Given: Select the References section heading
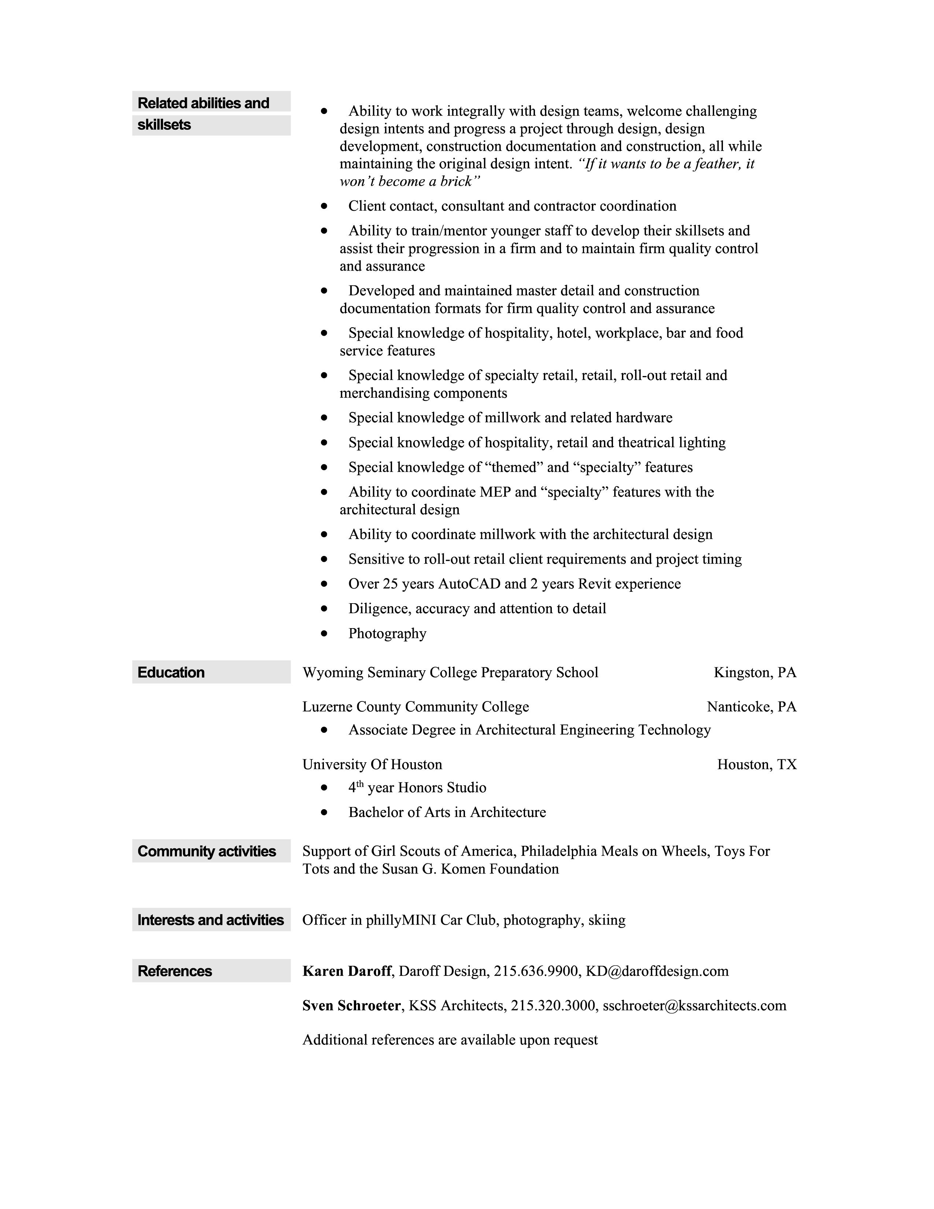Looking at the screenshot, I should [174, 971].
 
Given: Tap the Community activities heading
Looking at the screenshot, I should [207, 851].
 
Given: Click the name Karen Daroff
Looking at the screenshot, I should [347, 971].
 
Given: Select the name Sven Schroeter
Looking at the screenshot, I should [351, 1005].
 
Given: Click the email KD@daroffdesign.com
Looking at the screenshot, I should [657, 971].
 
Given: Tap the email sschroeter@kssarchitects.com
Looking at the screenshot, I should [694, 1005].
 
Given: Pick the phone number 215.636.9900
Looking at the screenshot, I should [535, 971].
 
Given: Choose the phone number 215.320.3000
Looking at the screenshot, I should [553, 1005].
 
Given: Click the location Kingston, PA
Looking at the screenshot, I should [754, 672].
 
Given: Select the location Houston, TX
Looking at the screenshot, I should [757, 764].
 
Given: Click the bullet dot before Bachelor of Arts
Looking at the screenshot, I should [324, 812].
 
